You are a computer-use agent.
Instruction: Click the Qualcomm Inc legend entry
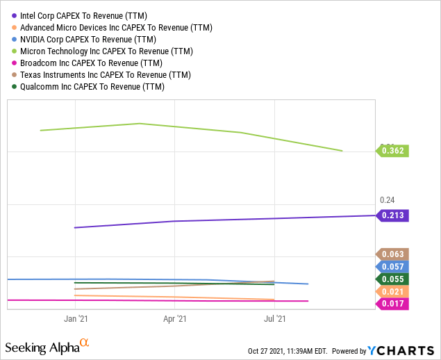(x=94, y=86)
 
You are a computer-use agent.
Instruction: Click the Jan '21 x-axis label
(x=75, y=319)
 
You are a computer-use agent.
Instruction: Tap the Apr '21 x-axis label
(x=174, y=319)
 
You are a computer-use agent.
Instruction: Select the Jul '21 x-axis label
(x=276, y=319)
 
